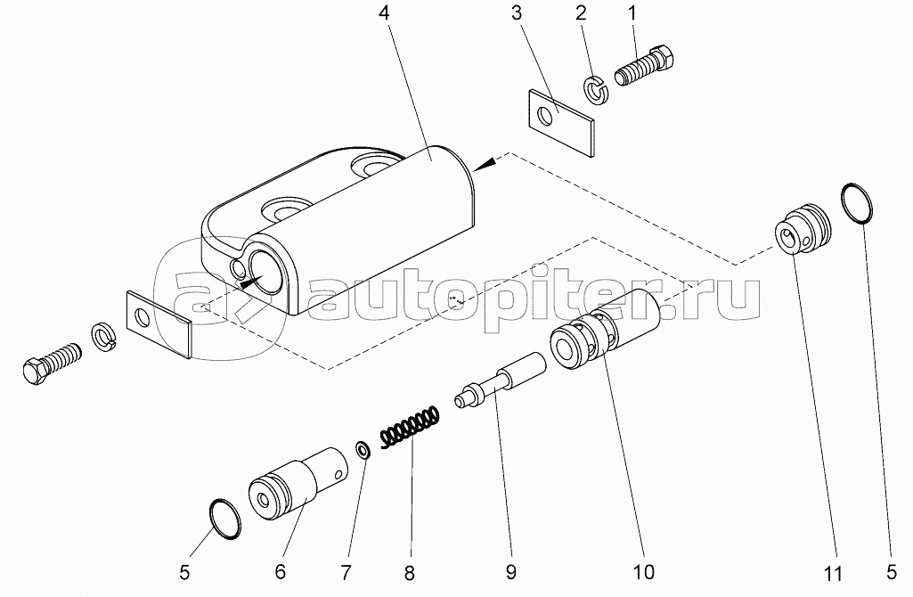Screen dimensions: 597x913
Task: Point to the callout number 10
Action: coord(643,568)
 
